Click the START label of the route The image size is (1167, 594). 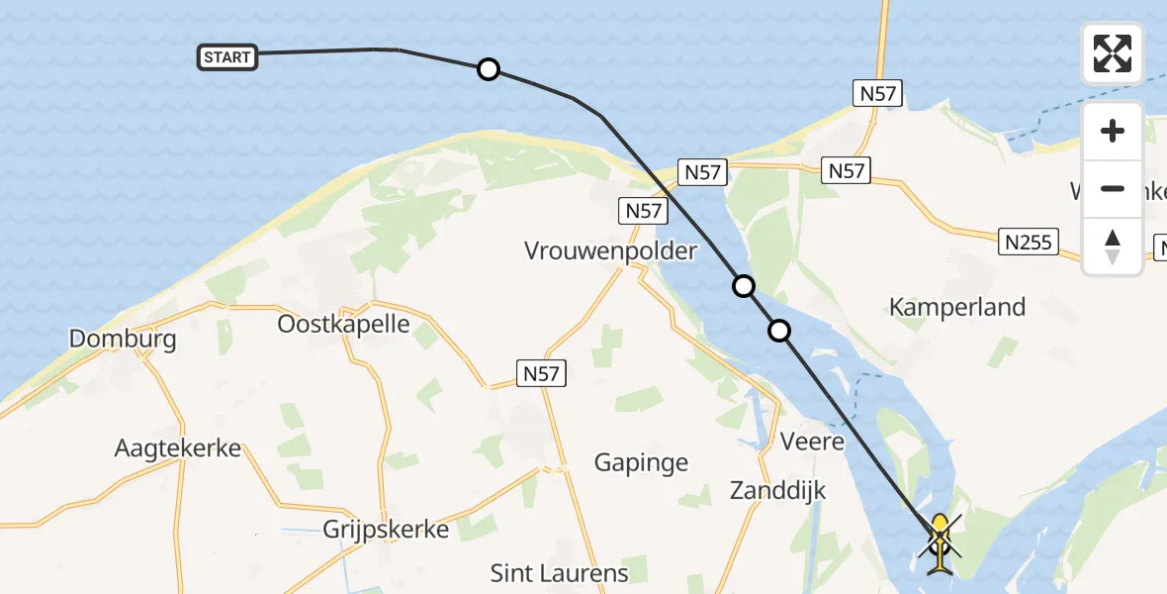coord(226,57)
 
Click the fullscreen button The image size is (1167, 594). coord(1113,53)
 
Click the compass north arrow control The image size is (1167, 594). coord(1113,246)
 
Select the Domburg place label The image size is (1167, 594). coord(123,340)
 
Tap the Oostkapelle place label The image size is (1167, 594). coord(343,324)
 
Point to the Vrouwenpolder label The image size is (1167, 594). coord(610,250)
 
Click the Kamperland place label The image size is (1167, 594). coord(957,307)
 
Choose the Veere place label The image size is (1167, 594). coord(812,441)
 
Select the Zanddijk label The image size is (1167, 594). coord(777,489)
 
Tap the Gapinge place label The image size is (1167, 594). coord(641,461)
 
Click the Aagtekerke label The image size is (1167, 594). coord(178,447)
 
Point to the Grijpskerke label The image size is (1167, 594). coord(386,529)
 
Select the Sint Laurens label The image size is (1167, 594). coord(559,572)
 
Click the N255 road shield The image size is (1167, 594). coord(1029,242)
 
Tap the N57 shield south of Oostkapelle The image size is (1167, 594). coord(541,372)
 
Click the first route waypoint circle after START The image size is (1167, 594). coord(488,69)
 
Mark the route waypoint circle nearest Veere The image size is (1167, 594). coord(780,331)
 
